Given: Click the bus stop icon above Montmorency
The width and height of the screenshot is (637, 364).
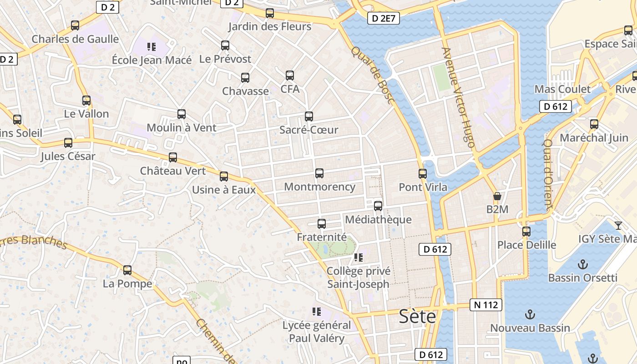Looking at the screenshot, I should point(319,173).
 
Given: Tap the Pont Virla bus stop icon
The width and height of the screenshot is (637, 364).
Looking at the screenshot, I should point(423,173).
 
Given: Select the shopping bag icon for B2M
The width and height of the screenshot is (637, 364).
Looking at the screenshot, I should point(497,197).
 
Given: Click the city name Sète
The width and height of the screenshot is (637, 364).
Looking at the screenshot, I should point(417,317).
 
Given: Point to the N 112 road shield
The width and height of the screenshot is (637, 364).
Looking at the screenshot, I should point(486,305).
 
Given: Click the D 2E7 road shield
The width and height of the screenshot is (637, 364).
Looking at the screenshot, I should point(383,18).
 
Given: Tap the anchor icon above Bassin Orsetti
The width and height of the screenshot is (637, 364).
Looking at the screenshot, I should point(582,264).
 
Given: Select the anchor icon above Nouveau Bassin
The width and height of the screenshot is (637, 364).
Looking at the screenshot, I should point(530,314).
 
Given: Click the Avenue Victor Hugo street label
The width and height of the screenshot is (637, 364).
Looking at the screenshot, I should point(458,98).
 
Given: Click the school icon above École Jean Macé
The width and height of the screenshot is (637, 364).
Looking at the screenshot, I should point(152,46).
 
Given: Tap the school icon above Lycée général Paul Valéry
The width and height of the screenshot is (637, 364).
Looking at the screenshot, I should point(316,312).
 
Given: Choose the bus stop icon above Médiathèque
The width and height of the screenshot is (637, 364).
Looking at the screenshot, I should point(378,206).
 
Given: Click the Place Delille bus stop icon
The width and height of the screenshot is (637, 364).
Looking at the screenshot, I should point(526,232).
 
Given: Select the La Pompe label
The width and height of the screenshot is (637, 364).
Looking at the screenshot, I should point(127,284).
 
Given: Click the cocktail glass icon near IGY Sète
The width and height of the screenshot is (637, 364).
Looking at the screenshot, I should point(618,226).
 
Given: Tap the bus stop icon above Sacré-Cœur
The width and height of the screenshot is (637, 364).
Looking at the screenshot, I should point(309,116).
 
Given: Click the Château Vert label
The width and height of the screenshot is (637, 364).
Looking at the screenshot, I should point(173,171).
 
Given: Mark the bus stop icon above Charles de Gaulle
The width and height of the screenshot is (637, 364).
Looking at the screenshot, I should point(75,25).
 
